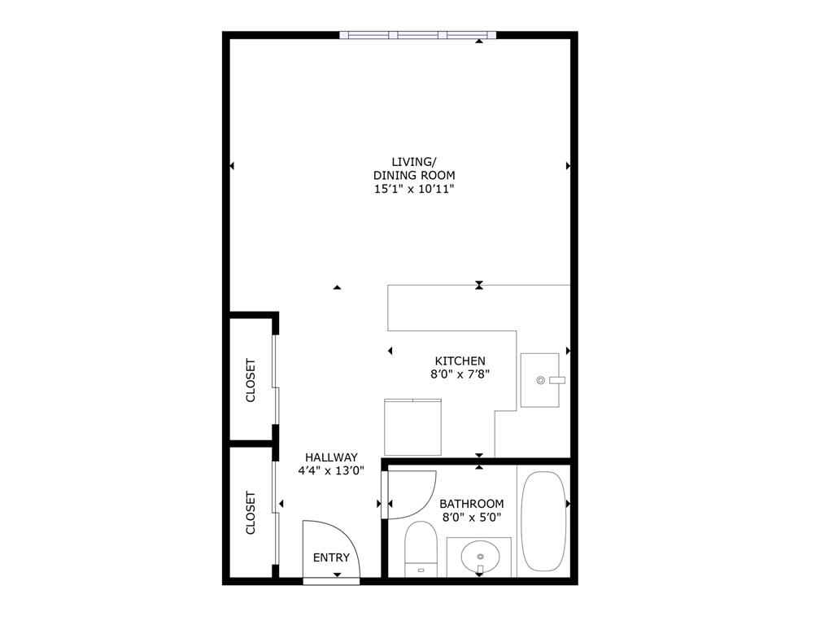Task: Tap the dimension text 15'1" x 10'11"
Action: tap(413, 189)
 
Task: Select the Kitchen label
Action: tap(460, 361)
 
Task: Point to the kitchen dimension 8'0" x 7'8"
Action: tap(460, 374)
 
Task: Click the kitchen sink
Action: tap(540, 380)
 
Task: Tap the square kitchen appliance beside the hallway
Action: tap(412, 426)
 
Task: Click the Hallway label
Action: tap(331, 457)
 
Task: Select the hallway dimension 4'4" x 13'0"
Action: tap(331, 470)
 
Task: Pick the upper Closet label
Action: tap(251, 380)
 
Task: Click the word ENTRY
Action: tap(331, 557)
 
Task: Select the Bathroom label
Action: tap(471, 504)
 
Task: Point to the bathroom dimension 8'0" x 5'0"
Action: tap(471, 517)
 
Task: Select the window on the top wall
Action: tap(417, 35)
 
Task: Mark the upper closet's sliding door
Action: tap(276, 380)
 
